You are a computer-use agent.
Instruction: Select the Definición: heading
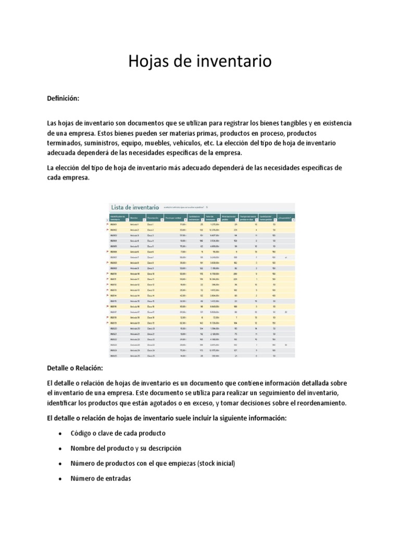pos(63,98)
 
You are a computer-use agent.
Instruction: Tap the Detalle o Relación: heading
pos(74,368)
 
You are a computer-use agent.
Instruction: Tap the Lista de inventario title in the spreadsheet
pos(133,207)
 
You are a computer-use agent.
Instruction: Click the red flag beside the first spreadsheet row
pos(107,224)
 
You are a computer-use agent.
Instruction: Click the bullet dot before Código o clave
pos(61,433)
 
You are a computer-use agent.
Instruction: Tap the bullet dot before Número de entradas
pos(61,478)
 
